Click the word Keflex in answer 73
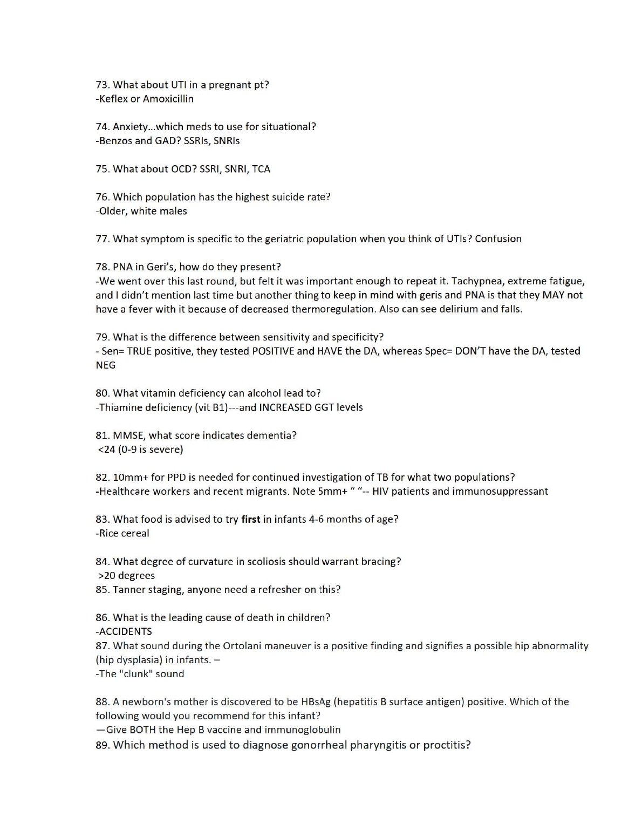tap(113, 99)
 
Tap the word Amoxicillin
tap(168, 99)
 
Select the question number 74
tap(103, 127)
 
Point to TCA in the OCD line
tap(261, 169)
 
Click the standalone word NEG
tap(106, 365)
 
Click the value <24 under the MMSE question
tap(106, 449)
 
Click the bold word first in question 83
tap(250, 519)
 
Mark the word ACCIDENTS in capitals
tap(125, 632)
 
